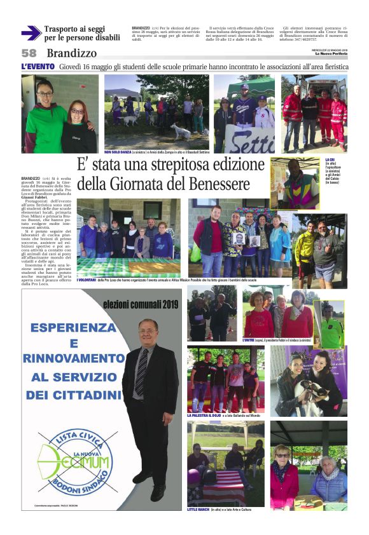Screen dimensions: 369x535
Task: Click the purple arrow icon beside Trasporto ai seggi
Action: click(31, 33)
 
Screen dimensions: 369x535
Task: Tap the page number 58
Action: click(29, 54)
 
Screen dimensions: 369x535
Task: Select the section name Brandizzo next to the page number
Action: click(72, 54)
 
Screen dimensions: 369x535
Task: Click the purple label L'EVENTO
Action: click(38, 67)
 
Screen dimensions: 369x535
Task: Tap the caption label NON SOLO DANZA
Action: click(120, 152)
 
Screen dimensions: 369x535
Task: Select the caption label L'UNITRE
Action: click(253, 341)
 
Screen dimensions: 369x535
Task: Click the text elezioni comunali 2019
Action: click(141, 306)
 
